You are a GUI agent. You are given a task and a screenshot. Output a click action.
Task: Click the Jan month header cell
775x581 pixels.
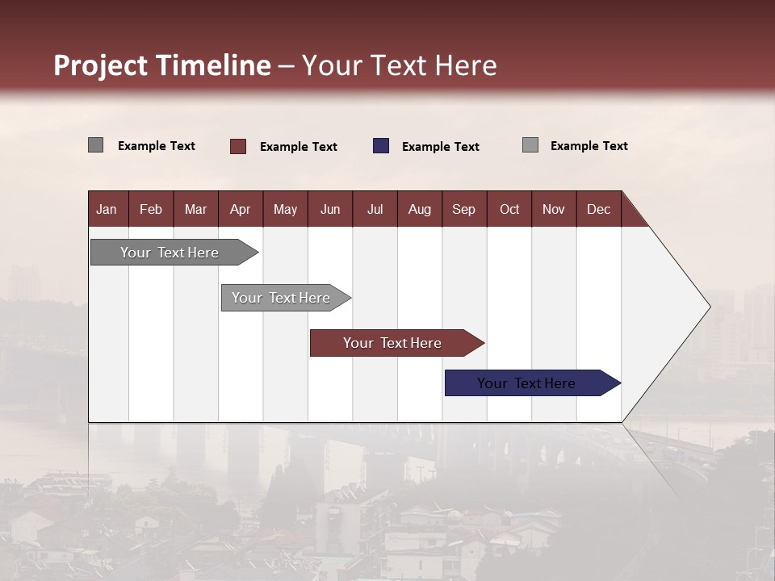[107, 209]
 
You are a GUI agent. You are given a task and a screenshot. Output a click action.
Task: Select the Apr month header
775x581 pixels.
[240, 209]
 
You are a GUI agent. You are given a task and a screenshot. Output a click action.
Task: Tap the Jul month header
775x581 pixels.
[375, 209]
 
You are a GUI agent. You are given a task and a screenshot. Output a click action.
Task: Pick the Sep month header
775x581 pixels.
[463, 209]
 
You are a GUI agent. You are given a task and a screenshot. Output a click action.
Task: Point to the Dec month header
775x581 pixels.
[598, 209]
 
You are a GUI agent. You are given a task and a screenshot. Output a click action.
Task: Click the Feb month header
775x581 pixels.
[151, 209]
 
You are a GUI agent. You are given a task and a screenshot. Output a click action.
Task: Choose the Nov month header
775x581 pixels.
[553, 209]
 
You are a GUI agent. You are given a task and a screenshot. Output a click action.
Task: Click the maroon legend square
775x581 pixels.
[237, 146]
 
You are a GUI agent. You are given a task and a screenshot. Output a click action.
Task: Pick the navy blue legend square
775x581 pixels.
[381, 146]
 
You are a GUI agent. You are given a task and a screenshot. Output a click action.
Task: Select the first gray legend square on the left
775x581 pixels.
[95, 145]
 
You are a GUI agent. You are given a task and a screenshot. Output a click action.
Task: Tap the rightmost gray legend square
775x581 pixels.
[530, 145]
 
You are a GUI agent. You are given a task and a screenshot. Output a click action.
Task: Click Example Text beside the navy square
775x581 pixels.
[440, 147]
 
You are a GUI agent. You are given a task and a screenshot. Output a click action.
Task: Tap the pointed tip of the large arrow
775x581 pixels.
[708, 306]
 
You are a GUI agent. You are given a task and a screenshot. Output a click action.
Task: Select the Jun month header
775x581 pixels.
[329, 209]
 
